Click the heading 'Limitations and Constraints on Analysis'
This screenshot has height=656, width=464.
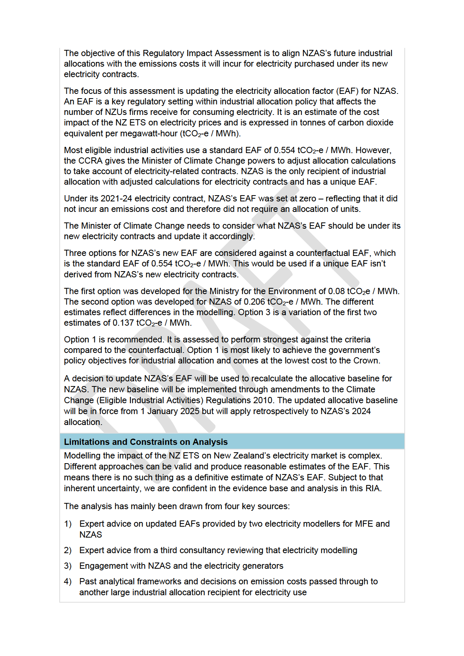pos(145,442)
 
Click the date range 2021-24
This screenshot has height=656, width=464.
pos(116,198)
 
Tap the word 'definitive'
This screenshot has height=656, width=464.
pos(211,477)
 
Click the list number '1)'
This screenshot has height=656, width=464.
pos(68,524)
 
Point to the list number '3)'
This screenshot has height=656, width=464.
pos(68,566)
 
